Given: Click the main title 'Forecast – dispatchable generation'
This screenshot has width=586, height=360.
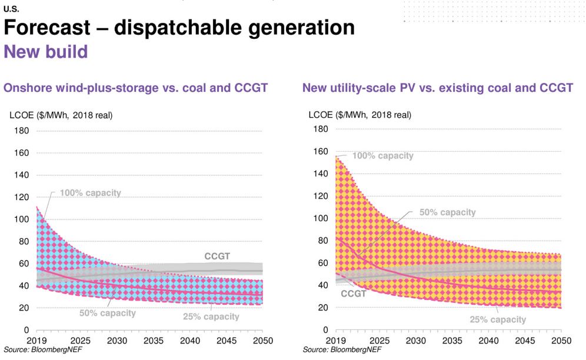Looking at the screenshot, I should click(x=179, y=27).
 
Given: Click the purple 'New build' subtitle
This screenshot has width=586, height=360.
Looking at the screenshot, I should click(x=46, y=52).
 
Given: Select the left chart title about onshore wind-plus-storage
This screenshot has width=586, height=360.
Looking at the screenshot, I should click(x=136, y=88).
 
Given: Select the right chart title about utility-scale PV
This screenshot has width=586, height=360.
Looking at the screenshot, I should click(x=437, y=88).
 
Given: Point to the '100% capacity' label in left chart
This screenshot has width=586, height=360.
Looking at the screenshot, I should click(x=90, y=193).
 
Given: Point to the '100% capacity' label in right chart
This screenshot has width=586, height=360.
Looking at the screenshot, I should click(x=382, y=156).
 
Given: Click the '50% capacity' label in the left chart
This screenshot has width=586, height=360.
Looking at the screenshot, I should click(x=108, y=313).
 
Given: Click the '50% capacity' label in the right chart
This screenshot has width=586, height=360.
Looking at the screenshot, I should click(x=447, y=212).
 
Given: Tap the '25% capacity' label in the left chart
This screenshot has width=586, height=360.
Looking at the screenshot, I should click(x=211, y=316).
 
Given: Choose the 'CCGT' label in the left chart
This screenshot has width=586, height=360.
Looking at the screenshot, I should click(x=217, y=256).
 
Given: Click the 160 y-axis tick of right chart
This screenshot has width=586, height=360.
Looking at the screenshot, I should click(x=320, y=152).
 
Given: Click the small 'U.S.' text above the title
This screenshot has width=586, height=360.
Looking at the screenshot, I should click(x=11, y=9).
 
